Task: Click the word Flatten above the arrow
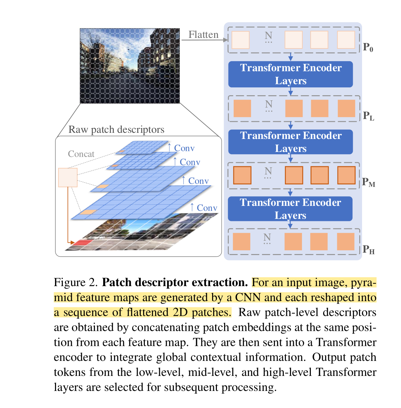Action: [x=203, y=34]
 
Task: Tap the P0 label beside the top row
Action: [x=368, y=47]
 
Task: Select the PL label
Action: [x=368, y=116]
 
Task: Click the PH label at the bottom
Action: [x=369, y=250]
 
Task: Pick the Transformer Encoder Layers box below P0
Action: [x=290, y=74]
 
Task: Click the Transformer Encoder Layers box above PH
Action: [x=290, y=209]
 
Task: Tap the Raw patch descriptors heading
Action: [x=116, y=130]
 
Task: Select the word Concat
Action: [x=81, y=154]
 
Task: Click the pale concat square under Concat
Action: [x=68, y=177]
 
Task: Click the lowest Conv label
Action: [x=207, y=208]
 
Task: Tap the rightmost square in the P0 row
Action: [x=346, y=40]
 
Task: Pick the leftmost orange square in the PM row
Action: [x=242, y=175]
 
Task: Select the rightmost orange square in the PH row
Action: [x=346, y=242]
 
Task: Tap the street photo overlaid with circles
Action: [x=130, y=66]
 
